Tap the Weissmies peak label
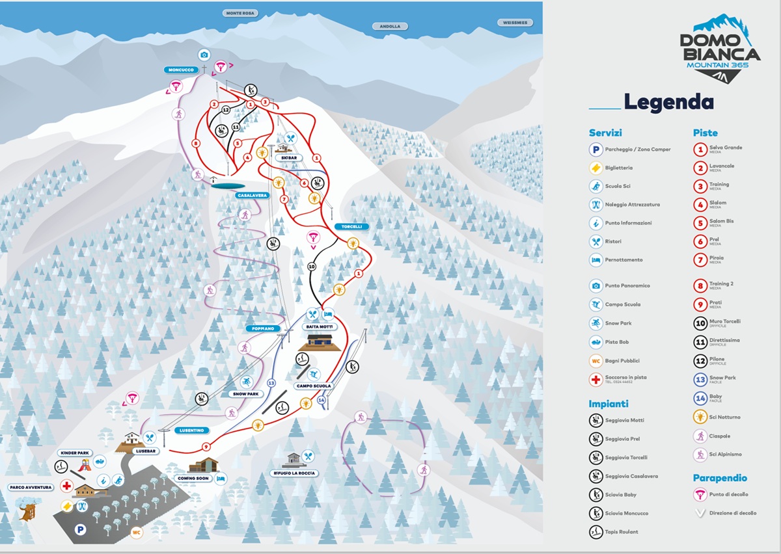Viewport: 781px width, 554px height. tap(515, 22)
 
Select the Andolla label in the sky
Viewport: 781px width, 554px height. tap(390, 27)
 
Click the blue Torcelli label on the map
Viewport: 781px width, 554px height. tap(352, 227)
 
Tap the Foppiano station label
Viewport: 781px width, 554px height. tap(264, 329)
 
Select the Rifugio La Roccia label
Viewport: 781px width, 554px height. tap(294, 473)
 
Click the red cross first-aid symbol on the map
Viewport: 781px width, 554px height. tap(66, 486)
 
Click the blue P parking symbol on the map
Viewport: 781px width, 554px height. tap(81, 530)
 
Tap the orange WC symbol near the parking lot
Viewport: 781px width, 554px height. tap(137, 533)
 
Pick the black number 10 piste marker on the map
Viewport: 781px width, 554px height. tap(312, 267)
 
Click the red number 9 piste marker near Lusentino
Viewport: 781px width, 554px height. tap(206, 447)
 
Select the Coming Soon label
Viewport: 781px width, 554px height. tap(194, 479)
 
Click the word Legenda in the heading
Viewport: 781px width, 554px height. tap(668, 102)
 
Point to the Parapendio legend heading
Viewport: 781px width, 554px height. tap(720, 478)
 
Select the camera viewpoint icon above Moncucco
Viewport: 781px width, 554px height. tap(204, 55)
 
